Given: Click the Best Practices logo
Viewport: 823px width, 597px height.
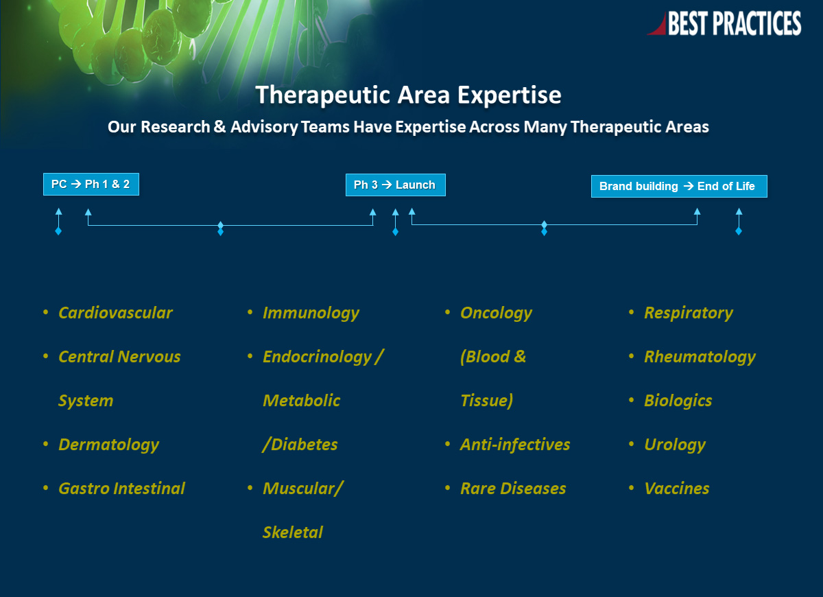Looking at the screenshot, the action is pos(724,23).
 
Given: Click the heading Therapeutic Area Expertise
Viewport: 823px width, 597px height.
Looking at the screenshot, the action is pos(408,95).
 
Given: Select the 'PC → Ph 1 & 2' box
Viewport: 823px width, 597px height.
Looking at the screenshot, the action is pos(91,184).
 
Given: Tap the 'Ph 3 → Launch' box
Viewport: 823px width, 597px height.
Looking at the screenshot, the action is pos(395,185).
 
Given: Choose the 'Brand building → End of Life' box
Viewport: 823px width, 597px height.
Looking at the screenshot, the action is pos(679,187).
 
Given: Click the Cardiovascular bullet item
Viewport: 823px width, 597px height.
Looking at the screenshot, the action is pos(115,313).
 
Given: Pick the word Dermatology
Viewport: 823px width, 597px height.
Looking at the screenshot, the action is pos(109,445).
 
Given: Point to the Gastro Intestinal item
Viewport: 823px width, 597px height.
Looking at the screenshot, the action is pos(121,489).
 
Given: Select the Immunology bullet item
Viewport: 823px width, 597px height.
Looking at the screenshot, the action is pos(311,314).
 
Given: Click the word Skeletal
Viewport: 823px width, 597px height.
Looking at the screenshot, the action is pos(293,532).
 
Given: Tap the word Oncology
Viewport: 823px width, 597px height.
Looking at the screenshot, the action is pos(496,314).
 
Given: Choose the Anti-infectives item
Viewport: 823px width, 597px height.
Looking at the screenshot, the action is pos(515,445).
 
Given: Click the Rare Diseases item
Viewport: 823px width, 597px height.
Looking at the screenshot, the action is pos(513,489).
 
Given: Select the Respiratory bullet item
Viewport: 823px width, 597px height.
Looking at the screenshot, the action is pos(689,314).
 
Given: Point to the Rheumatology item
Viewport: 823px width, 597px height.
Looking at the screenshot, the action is pos(700,358).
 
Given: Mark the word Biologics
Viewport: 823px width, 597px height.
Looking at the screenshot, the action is pos(678,401).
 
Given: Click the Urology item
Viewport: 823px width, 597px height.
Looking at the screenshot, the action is pos(675,445).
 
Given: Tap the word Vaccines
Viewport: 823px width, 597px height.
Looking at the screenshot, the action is pos(677,489).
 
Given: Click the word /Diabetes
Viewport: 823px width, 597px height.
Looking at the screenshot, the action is pos(300,445).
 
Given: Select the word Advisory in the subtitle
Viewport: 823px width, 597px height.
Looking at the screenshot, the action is pos(264,127).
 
